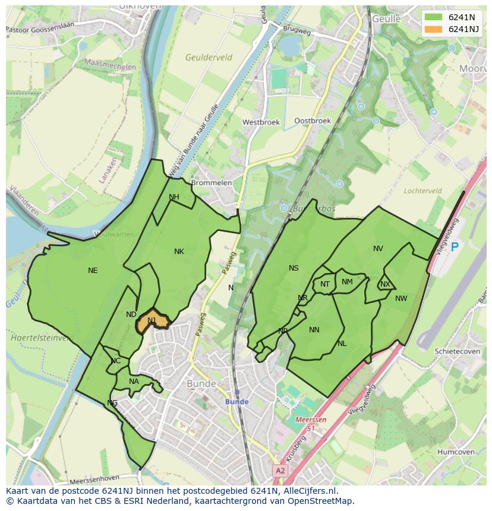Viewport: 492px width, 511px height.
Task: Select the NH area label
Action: pos(174,197)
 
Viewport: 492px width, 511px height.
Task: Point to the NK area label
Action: pos(179,252)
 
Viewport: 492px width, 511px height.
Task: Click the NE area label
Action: pos(93,271)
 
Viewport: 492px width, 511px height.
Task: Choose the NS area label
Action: pos(294,268)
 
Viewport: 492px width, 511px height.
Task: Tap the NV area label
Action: pos(378,249)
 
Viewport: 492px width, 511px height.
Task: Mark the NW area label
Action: pos(401,299)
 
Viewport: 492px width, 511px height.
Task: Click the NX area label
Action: pos(385,284)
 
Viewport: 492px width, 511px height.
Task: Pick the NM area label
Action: pos(348,282)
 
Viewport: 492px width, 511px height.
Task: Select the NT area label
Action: pos(325,284)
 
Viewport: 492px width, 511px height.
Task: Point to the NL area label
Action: pos(342,344)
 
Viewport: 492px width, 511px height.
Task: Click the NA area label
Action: pos(134,382)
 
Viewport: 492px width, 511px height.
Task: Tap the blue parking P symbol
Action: pos(455,247)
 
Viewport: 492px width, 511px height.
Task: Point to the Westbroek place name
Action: pos(261,122)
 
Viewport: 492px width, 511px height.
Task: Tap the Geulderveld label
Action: pos(209,58)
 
